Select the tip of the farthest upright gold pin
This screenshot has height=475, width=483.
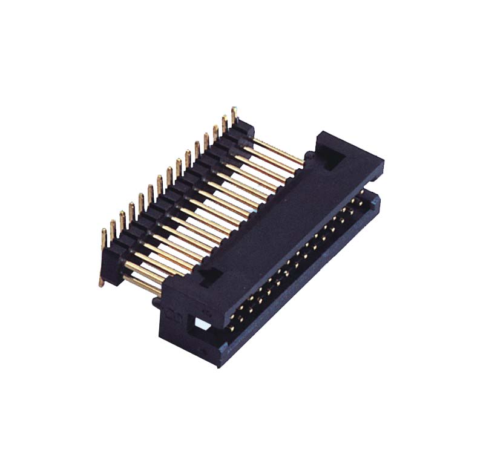pyautogui.click(x=234, y=111)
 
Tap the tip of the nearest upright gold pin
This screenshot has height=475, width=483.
pyautogui.click(x=104, y=232)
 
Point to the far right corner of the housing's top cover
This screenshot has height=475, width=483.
pyautogui.click(x=382, y=162)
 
